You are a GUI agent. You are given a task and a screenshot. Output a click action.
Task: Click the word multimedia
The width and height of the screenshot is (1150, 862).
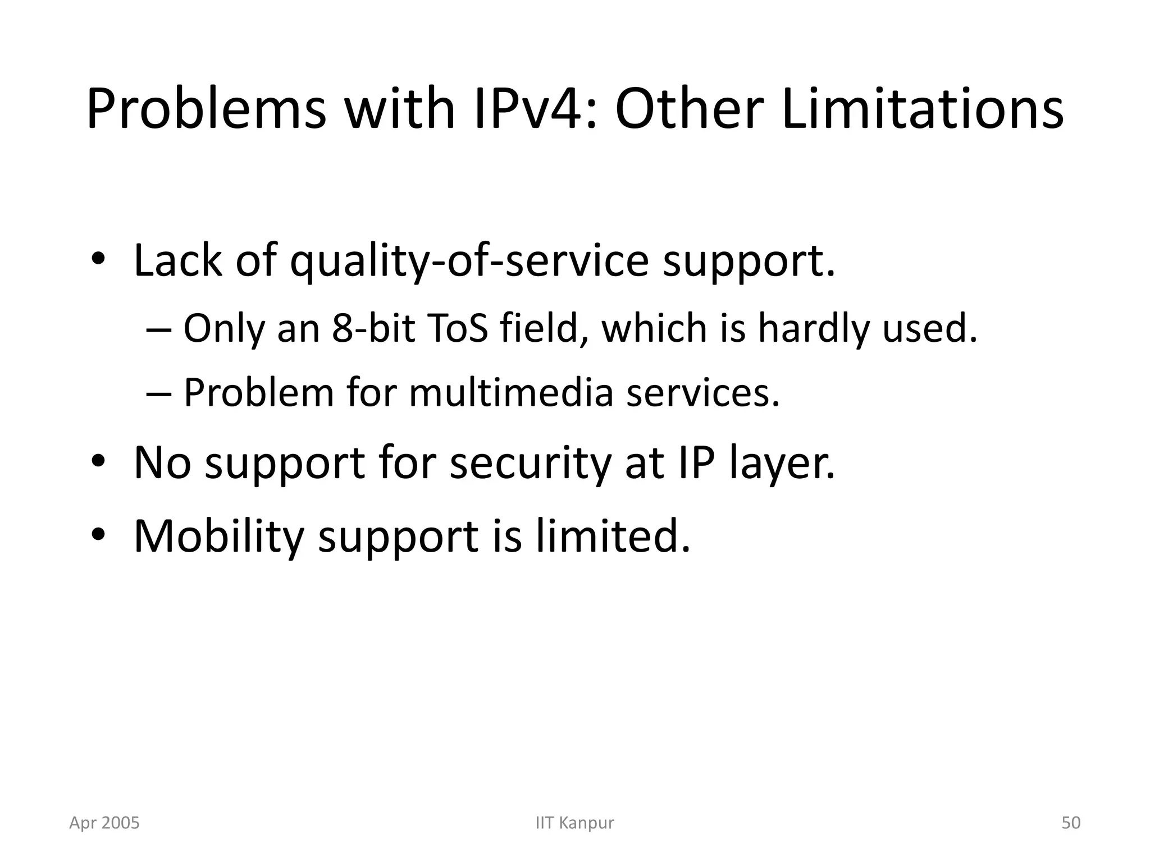(x=511, y=392)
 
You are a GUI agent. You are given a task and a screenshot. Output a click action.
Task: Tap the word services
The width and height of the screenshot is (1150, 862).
(x=703, y=392)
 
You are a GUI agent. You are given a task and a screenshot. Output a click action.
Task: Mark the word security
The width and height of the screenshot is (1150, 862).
(x=530, y=463)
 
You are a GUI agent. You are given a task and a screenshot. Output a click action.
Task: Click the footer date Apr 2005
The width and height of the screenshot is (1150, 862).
(x=104, y=823)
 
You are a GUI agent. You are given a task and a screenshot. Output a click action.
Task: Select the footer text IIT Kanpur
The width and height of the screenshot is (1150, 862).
(x=575, y=823)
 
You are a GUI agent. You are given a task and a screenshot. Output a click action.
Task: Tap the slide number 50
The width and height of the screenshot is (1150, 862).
(x=1071, y=823)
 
